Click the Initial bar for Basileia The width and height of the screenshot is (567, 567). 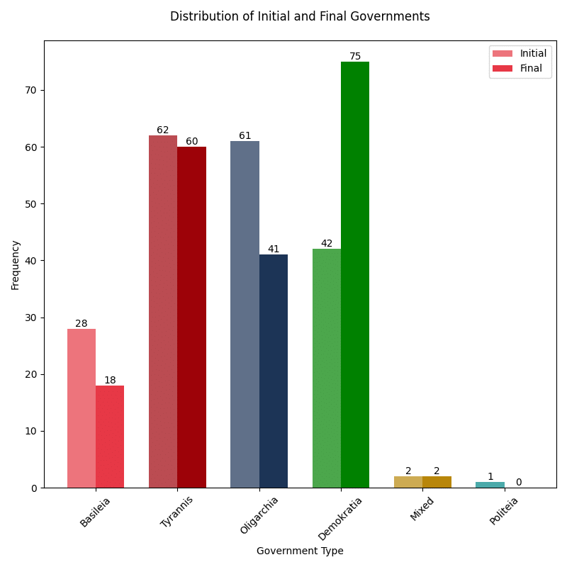click(x=82, y=408)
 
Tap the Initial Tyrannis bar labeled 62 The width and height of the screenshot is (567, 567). click(x=163, y=312)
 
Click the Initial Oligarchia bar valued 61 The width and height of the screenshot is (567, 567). click(x=245, y=315)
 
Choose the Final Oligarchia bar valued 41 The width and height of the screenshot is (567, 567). click(x=274, y=371)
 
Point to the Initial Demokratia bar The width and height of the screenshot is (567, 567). click(x=327, y=369)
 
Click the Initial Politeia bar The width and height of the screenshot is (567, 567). click(x=490, y=485)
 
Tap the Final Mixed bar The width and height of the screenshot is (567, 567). click(x=437, y=482)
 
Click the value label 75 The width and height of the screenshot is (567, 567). click(x=355, y=57)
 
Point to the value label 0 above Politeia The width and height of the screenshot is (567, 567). click(x=518, y=483)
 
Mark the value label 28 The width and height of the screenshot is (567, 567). click(x=82, y=324)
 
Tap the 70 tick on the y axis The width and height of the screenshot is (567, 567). click(x=31, y=90)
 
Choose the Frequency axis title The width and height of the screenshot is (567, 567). click(x=16, y=264)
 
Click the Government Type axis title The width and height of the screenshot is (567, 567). click(x=300, y=551)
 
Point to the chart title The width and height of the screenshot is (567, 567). click(x=300, y=16)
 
